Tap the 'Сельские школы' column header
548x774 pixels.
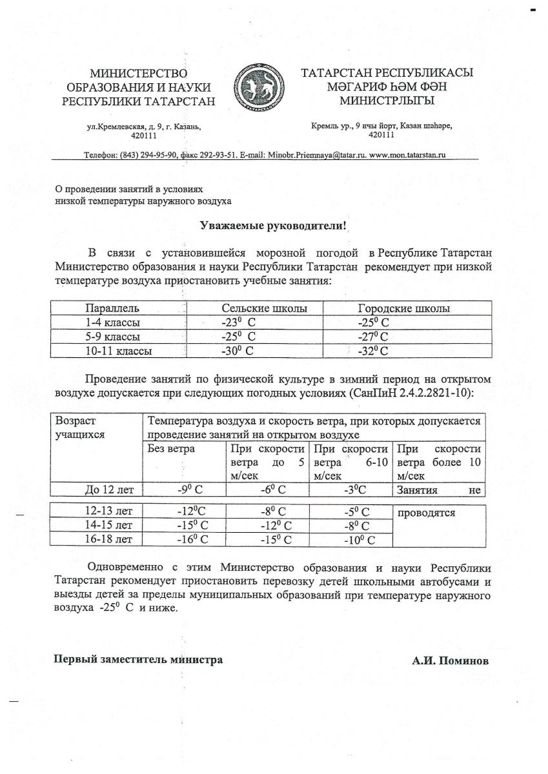coord(264,308)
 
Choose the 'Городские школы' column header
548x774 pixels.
coord(404,308)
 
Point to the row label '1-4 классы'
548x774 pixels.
coord(113,322)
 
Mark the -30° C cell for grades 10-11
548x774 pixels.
coord(237,351)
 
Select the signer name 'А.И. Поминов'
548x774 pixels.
coord(451,661)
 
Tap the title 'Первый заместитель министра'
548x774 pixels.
coord(138,659)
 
